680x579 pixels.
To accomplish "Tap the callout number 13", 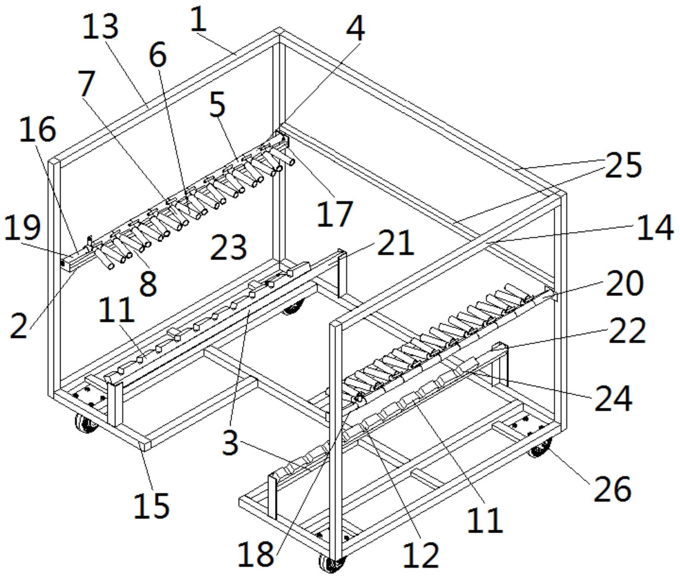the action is point(101,26).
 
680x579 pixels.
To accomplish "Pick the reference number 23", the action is point(229,247).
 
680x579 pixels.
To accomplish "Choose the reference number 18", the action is point(256,553).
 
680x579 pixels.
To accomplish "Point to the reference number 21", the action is point(395,243).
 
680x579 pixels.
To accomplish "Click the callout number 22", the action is point(627,331).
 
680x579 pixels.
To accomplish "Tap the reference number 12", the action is point(421,555).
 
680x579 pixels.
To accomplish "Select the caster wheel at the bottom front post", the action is point(331,563).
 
